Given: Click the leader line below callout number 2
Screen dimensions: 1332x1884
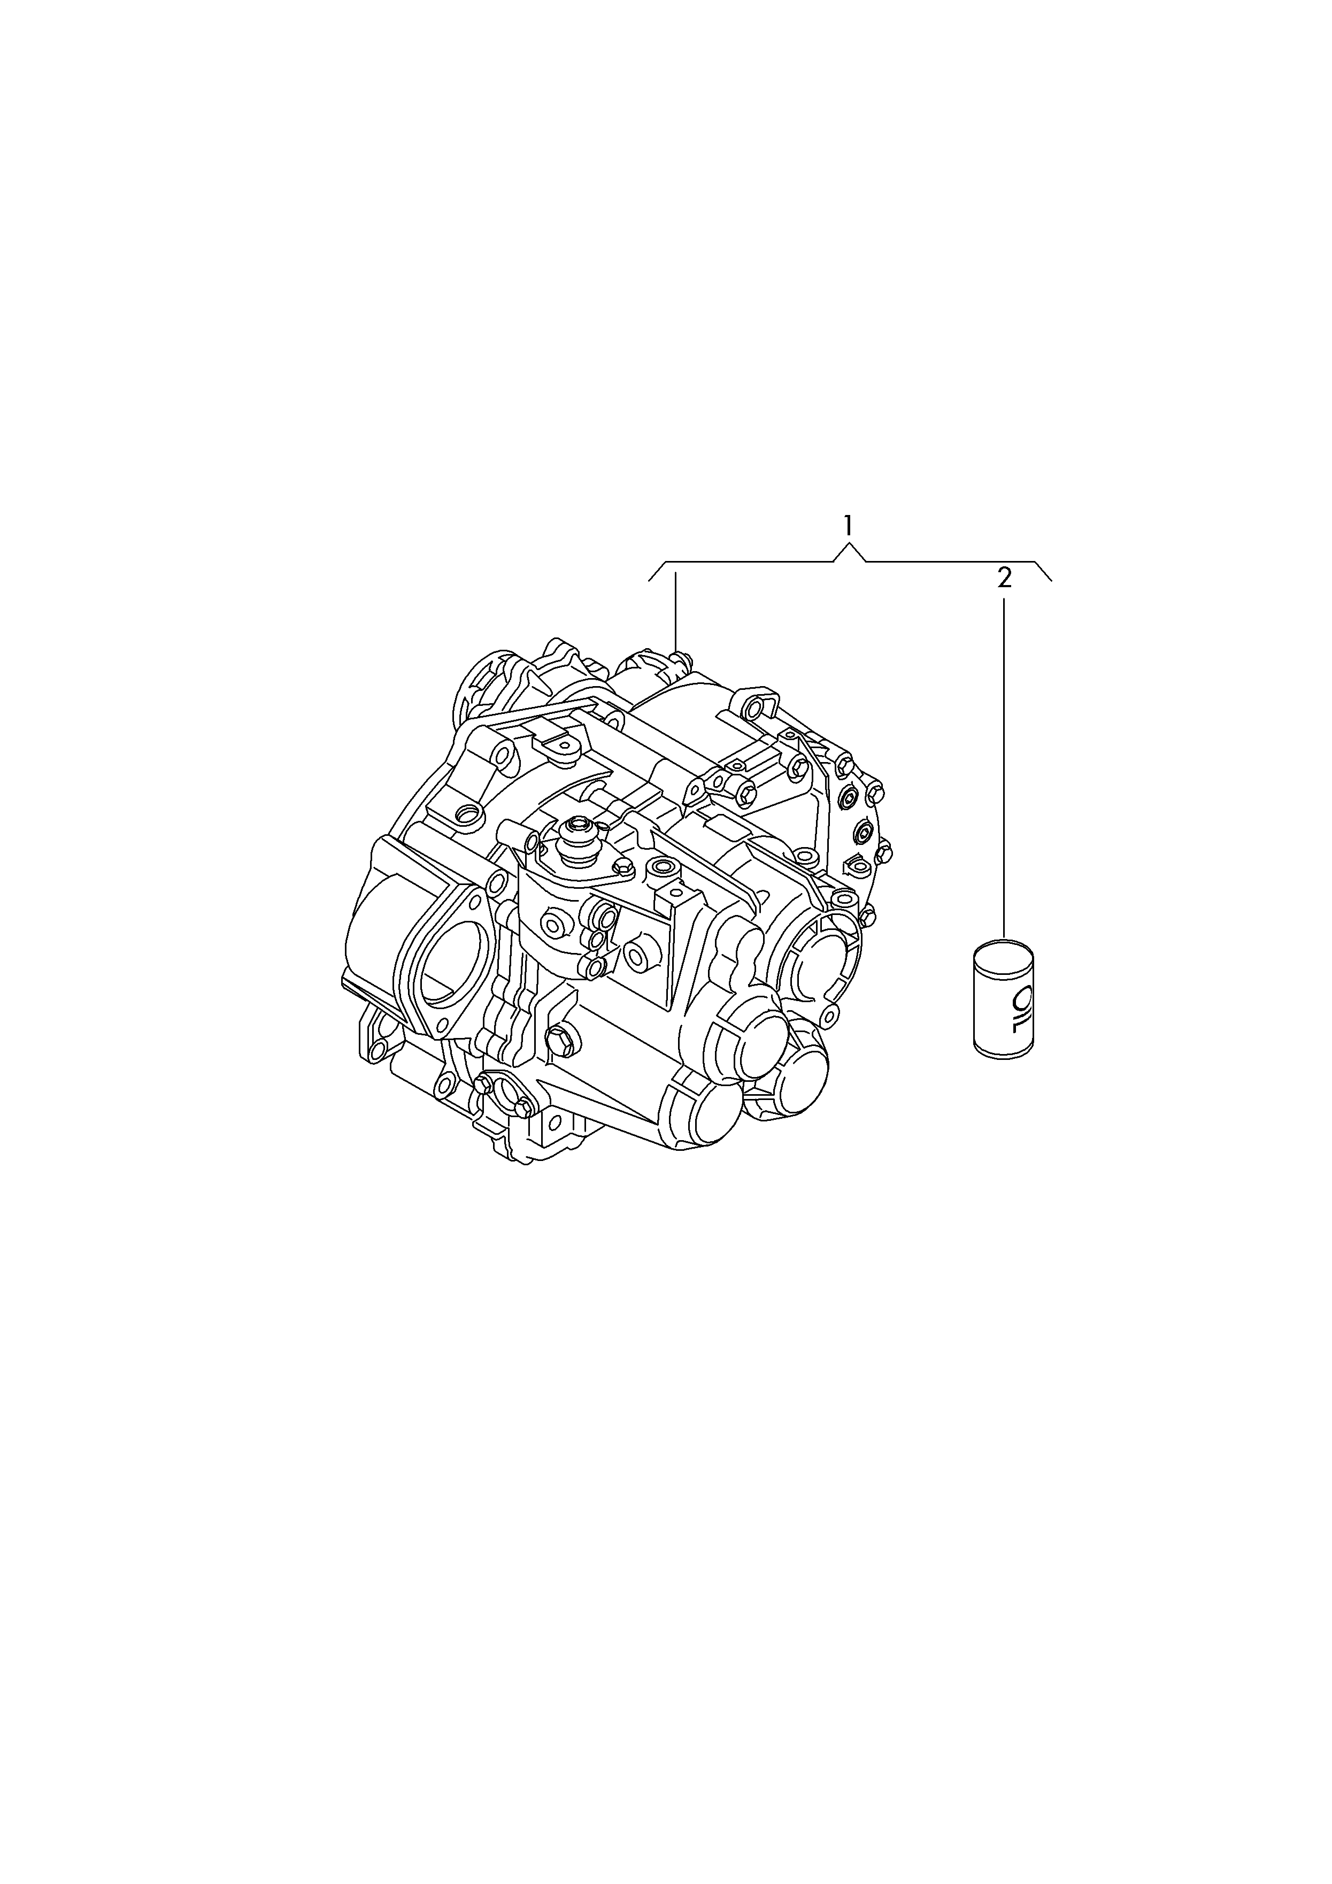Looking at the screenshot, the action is (1004, 769).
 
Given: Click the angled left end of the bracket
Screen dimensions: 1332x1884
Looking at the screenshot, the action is (657, 571).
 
